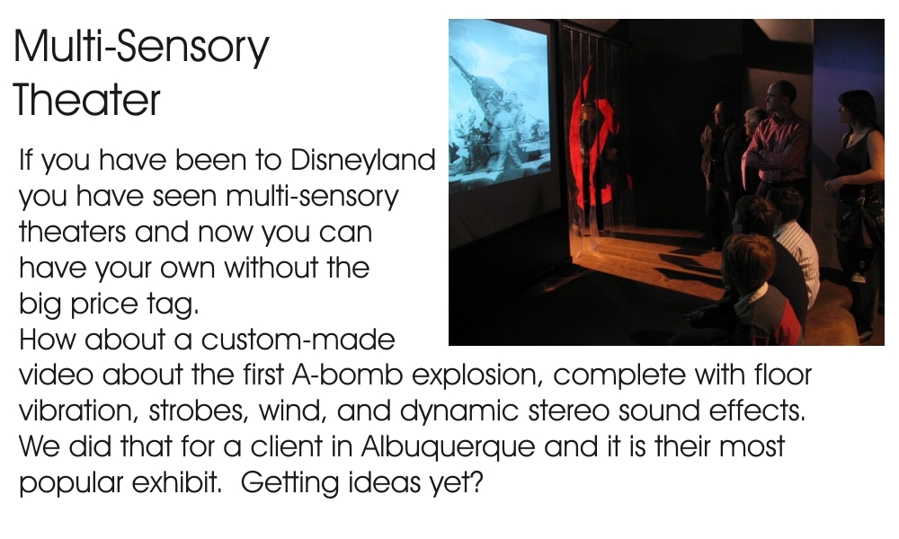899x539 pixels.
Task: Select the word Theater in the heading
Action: point(86,100)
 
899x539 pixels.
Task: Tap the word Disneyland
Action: point(363,161)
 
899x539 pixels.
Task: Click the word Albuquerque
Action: point(448,447)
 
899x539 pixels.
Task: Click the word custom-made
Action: point(298,340)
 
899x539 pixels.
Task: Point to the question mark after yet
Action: point(476,482)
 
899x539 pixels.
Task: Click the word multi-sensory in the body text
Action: point(312,197)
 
